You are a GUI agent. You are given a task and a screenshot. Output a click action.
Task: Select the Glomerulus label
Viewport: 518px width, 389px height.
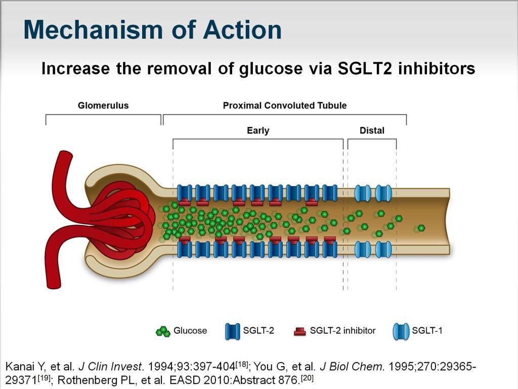(103, 105)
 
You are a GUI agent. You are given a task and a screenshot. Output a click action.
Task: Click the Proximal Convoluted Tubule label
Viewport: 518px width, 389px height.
(285, 105)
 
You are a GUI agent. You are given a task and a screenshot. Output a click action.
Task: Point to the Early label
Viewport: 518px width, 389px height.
(258, 130)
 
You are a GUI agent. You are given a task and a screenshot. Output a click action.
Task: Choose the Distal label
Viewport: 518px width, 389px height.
(372, 130)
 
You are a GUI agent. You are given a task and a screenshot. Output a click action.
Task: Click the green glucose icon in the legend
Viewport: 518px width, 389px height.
(162, 331)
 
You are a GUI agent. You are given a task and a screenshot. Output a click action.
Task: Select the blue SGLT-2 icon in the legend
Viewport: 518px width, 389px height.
(232, 331)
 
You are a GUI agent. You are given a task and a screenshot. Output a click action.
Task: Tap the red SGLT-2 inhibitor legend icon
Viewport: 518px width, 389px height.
(300, 331)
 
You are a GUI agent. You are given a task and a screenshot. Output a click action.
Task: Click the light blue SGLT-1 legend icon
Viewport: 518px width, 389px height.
(401, 331)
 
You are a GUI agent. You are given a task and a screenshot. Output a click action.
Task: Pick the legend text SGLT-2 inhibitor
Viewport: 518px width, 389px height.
(342, 331)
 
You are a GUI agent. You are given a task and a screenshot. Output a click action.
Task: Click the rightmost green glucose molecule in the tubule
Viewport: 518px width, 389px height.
(420, 228)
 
